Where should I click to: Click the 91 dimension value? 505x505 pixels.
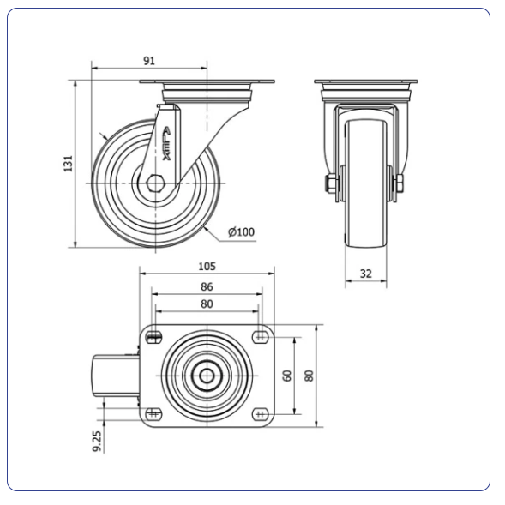[x=149, y=61]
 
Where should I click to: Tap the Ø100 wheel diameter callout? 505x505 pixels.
[x=241, y=231]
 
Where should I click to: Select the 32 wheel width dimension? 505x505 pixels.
[x=366, y=274]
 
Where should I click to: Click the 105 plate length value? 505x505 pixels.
[x=207, y=267]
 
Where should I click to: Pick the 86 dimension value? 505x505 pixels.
[x=207, y=286]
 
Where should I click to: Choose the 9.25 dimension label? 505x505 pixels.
[x=97, y=441]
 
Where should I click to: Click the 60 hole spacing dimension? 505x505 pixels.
[x=286, y=376]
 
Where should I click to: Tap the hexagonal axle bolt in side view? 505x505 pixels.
[x=156, y=183]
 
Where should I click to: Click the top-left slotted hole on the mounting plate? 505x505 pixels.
[x=154, y=338]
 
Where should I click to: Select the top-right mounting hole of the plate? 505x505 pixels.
[x=261, y=338]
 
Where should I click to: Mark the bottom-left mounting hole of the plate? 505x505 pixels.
[x=154, y=414]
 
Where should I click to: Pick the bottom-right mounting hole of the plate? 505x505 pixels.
[x=261, y=414]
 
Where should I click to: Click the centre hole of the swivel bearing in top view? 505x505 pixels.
[x=207, y=376]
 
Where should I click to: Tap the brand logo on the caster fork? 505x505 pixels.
[x=167, y=144]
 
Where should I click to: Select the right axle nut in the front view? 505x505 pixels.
[x=400, y=184]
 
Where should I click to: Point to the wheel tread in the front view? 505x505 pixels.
[x=366, y=183]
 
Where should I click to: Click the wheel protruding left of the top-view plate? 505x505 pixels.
[x=116, y=376]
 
